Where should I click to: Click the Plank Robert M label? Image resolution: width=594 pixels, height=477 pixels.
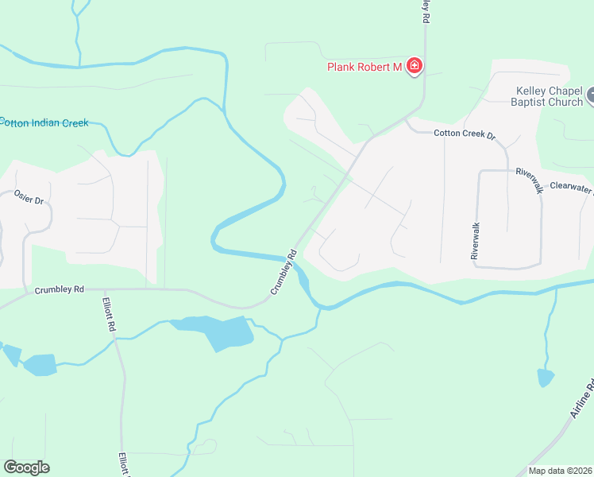[364, 67]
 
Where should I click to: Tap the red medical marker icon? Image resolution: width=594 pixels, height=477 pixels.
[414, 66]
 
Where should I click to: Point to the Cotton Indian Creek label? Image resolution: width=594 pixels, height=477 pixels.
[44, 123]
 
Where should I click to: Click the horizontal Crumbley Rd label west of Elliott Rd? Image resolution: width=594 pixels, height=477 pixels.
[60, 290]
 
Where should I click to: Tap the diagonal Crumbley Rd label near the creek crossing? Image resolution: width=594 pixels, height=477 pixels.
[283, 273]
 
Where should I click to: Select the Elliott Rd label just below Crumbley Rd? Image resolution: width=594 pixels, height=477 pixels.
[110, 316]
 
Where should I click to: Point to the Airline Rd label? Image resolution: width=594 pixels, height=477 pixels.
[582, 402]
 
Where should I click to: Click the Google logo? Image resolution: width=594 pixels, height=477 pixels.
[26, 467]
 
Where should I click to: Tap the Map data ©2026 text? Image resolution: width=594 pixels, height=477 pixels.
[560, 471]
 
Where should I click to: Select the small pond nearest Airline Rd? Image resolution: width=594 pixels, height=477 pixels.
[546, 377]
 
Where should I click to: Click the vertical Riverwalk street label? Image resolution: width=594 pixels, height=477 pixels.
[475, 241]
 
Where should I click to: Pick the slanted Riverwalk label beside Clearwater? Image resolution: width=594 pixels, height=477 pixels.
[529, 180]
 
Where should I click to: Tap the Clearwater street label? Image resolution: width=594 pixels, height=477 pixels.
[571, 190]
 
